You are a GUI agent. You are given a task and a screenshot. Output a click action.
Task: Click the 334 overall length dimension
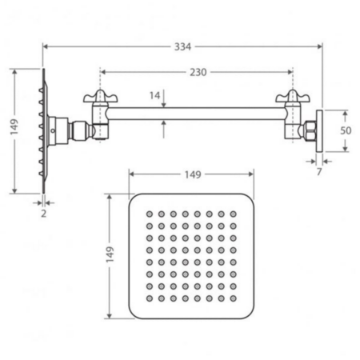point(182,46)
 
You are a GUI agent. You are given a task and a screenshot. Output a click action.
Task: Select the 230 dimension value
point(198,72)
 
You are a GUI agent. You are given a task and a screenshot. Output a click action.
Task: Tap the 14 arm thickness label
point(154,95)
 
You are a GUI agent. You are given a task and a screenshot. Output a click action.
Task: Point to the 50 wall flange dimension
point(346,130)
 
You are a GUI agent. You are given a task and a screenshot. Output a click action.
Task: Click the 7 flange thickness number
point(319,172)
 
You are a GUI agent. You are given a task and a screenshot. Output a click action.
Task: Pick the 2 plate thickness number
point(44,214)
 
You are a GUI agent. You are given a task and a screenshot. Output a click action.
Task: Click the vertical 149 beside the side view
point(14,126)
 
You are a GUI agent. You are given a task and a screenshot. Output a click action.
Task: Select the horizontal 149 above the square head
point(193,175)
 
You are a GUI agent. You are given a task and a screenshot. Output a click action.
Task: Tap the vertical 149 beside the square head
point(110,254)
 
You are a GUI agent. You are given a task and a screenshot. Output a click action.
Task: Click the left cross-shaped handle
point(100,97)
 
